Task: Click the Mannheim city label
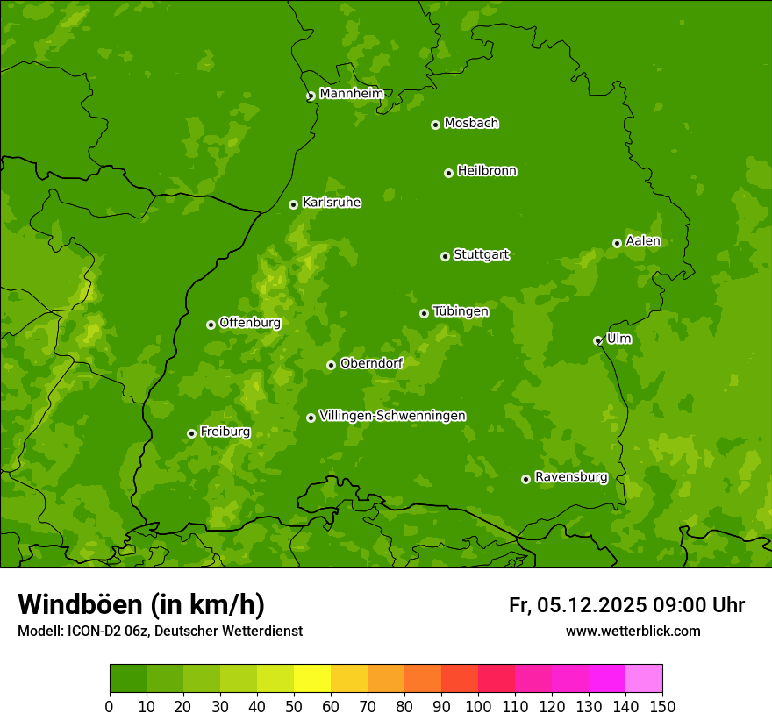tap(351, 94)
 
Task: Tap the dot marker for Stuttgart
tap(445, 256)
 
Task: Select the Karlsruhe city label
tap(332, 203)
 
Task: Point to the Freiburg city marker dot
tap(191, 433)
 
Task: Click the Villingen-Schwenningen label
tap(392, 416)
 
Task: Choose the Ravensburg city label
tap(571, 477)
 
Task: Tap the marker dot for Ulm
tap(597, 340)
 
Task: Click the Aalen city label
tap(643, 241)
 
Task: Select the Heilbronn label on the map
tap(487, 171)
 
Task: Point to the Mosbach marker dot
tap(435, 125)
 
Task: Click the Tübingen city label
tap(461, 311)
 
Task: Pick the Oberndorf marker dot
tap(331, 365)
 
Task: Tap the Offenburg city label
tap(250, 323)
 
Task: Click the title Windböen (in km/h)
tap(141, 604)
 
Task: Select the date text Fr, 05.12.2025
tap(577, 605)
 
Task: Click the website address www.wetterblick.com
tap(633, 631)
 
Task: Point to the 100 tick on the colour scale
tap(478, 707)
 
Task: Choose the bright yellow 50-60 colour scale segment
tap(312, 679)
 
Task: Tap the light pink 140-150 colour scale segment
tap(644, 679)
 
